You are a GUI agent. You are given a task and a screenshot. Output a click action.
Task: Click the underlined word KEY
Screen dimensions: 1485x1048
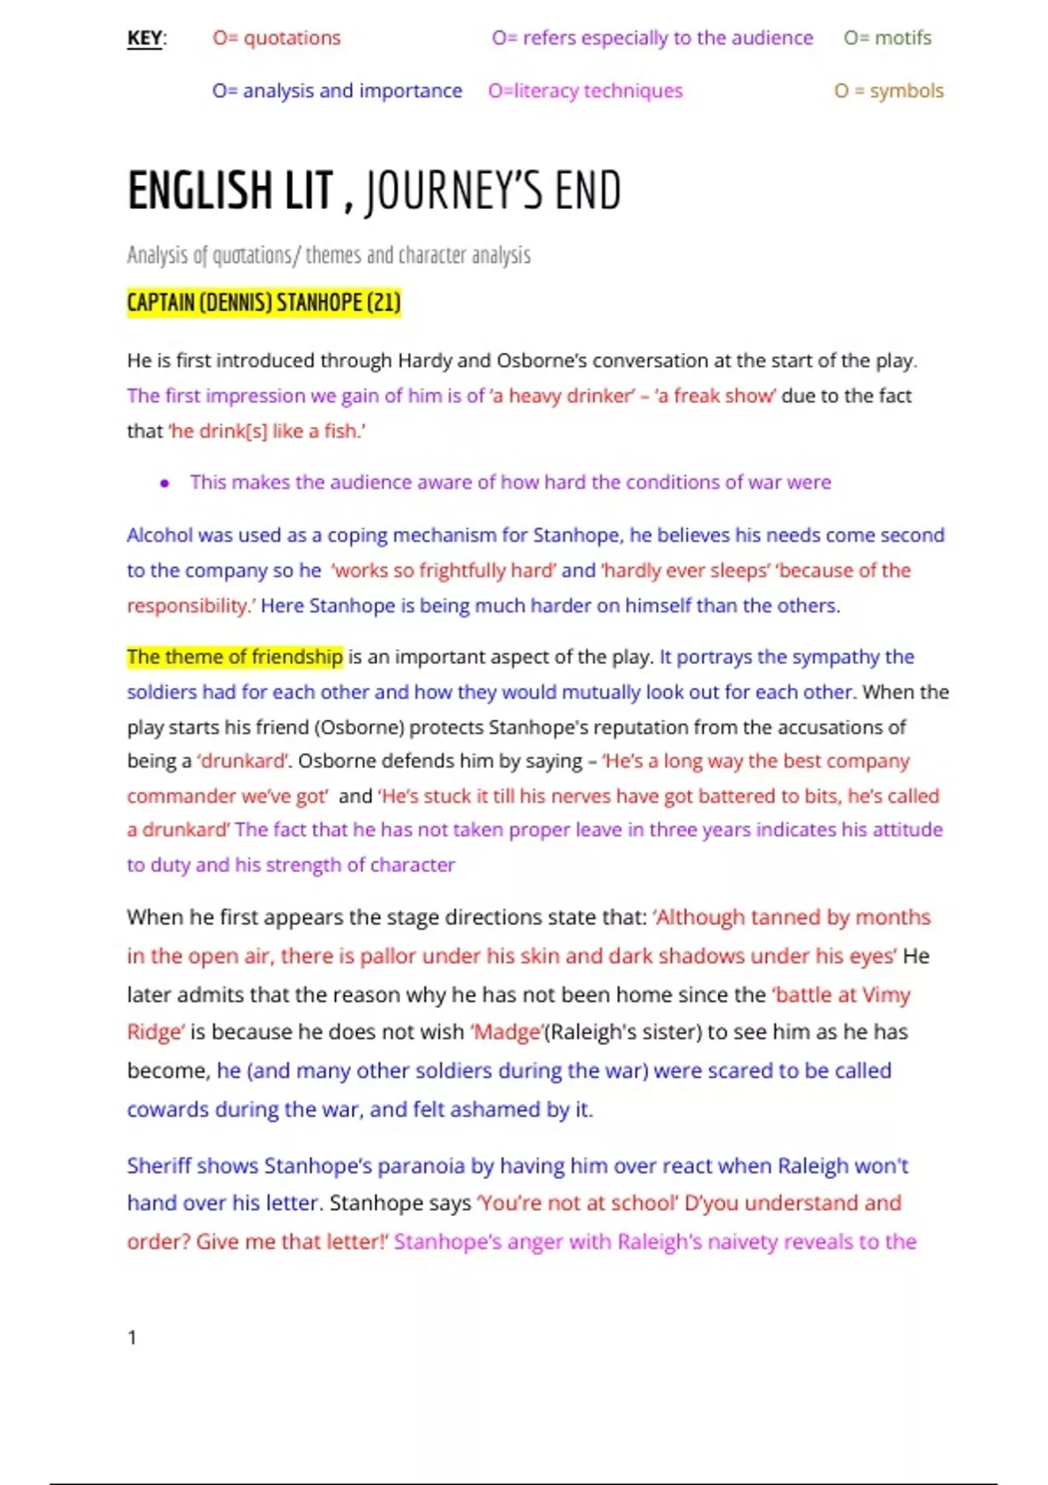pyautogui.click(x=144, y=38)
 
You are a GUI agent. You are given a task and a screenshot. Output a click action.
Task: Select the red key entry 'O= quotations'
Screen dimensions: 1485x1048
pyautogui.click(x=277, y=38)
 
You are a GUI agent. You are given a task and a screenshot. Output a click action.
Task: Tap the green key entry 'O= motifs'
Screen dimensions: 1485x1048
pyautogui.click(x=887, y=38)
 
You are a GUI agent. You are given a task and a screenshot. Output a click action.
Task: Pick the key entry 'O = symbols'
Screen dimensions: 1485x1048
pyautogui.click(x=888, y=91)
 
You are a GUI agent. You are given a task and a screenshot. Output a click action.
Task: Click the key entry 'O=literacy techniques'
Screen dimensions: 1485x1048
pyautogui.click(x=585, y=91)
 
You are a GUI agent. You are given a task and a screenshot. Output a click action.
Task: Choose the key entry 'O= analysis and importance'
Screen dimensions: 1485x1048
pyautogui.click(x=337, y=91)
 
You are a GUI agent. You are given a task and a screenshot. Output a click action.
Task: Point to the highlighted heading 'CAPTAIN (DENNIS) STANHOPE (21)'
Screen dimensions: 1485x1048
pyautogui.click(x=264, y=303)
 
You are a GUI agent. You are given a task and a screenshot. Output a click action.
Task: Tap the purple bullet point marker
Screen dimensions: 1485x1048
pyautogui.click(x=164, y=483)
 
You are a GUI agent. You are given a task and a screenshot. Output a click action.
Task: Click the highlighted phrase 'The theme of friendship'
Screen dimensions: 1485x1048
pyautogui.click(x=235, y=657)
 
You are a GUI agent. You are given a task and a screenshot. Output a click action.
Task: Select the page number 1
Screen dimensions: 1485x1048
pyautogui.click(x=132, y=1337)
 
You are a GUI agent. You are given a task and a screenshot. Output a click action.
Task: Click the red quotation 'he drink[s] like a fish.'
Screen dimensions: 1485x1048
pyautogui.click(x=267, y=432)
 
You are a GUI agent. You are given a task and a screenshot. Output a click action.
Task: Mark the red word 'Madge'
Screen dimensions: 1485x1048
pyautogui.click(x=507, y=1033)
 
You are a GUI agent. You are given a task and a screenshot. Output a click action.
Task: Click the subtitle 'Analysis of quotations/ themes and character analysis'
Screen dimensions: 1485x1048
pyautogui.click(x=328, y=255)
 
